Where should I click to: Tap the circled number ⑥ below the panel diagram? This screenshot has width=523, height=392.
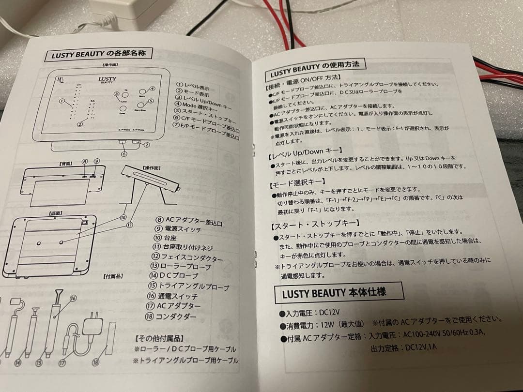pos(124,154)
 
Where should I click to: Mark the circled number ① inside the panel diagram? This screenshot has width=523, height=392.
pos(62,101)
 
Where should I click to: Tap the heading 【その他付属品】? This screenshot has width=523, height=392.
pos(162,338)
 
